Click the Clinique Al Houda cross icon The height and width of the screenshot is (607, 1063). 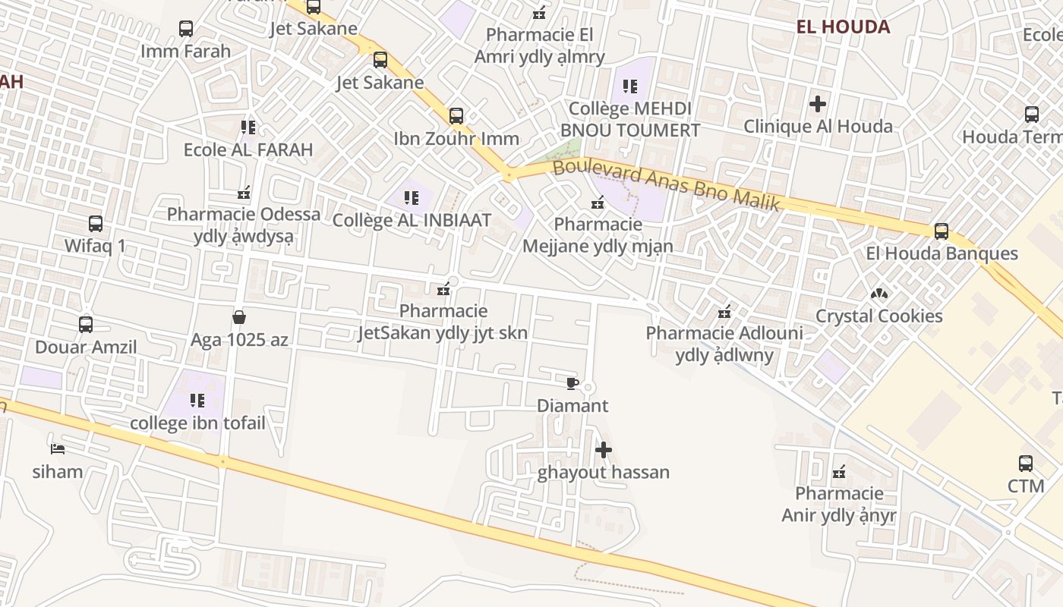[818, 103]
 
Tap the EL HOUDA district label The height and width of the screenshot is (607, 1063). [843, 27]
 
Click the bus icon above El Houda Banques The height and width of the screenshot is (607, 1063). [942, 231]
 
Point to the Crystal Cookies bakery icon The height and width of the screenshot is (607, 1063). [879, 293]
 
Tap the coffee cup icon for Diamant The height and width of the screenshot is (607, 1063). [573, 383]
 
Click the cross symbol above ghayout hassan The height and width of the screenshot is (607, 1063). [604, 450]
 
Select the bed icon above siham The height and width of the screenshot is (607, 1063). [57, 448]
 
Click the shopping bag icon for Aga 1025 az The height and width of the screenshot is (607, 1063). [239, 316]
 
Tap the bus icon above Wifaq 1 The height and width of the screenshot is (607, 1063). [96, 224]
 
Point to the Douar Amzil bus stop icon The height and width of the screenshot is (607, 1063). [86, 325]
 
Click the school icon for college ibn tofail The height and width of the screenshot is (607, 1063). [197, 400]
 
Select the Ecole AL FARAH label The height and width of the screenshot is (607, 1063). [248, 149]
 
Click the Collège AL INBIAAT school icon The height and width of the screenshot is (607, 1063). [412, 198]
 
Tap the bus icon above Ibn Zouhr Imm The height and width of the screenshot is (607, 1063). [456, 116]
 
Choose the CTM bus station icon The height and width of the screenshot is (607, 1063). [1026, 463]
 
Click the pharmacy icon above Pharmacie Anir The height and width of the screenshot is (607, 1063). [839, 472]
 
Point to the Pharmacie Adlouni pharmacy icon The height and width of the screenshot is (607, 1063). [724, 311]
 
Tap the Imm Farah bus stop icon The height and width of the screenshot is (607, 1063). [186, 29]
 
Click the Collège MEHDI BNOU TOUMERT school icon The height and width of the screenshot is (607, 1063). [630, 86]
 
